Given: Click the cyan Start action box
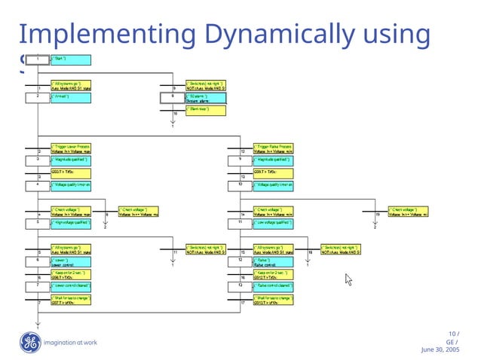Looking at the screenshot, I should tap(72, 59).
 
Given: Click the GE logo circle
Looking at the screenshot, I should tap(29, 343).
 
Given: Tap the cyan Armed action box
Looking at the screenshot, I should tap(72, 97).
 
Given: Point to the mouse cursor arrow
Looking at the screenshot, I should tap(348, 279).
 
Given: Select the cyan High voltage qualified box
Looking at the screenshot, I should tap(72, 223).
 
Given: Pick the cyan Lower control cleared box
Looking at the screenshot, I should tap(72, 286).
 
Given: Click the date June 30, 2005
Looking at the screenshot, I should tap(440, 350).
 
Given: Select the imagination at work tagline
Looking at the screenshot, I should tap(71, 343).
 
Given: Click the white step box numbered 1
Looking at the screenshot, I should tap(37, 59).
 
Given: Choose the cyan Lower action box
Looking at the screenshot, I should tap(72, 261).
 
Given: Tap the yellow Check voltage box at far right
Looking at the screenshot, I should tap(408, 212).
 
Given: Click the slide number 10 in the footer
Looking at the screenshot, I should tap(452, 334).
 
